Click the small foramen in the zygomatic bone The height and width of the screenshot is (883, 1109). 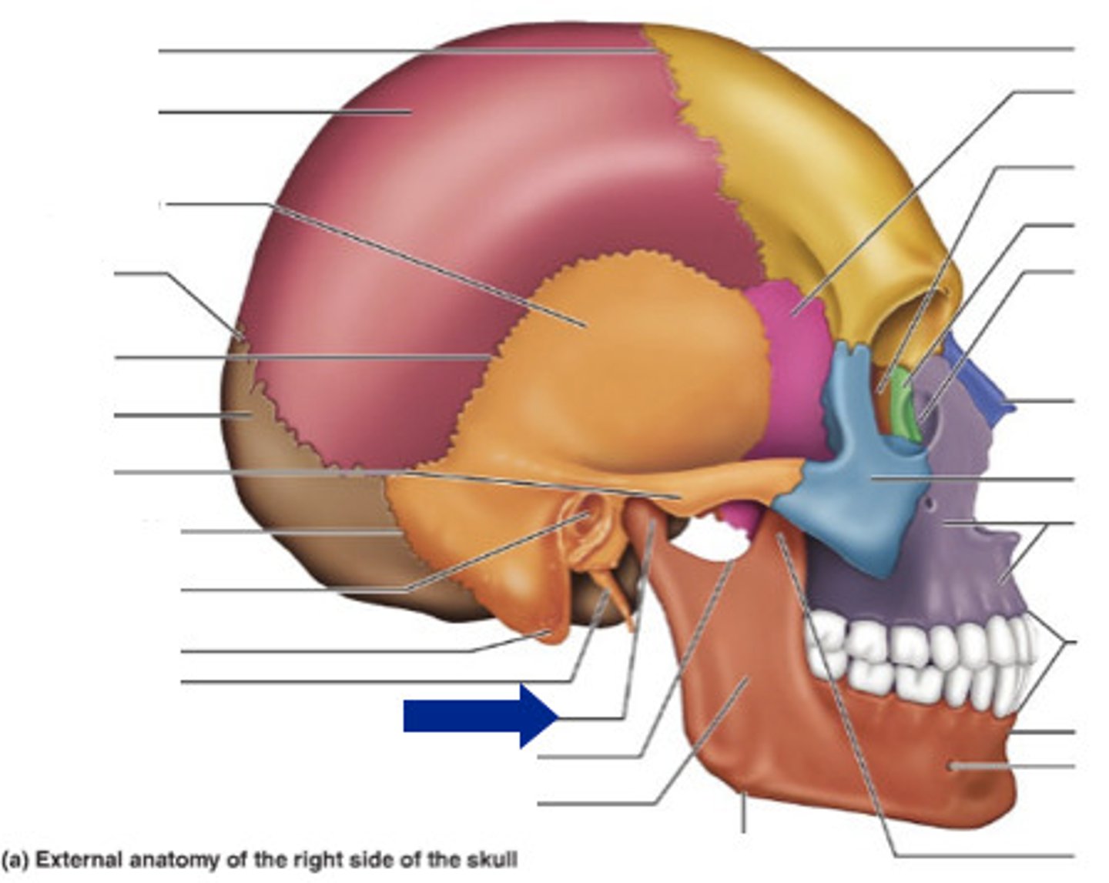932,505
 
